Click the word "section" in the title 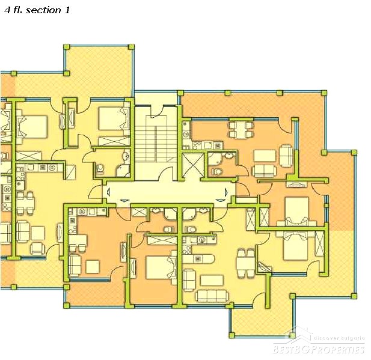click(x=43, y=10)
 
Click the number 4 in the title click(x=8, y=10)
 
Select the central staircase click(x=156, y=139)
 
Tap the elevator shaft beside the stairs click(x=193, y=165)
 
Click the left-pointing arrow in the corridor click(x=109, y=192)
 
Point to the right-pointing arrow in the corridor click(x=226, y=192)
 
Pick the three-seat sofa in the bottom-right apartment click(x=212, y=296)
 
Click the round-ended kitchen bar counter click(x=198, y=258)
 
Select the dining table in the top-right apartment click(x=241, y=130)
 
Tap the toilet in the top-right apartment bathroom click(x=216, y=171)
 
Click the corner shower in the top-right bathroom click(x=215, y=158)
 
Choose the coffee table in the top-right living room click(x=265, y=156)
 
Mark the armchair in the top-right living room click(x=286, y=156)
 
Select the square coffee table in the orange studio click(x=93, y=267)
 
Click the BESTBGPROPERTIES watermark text click(x=318, y=349)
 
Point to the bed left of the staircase click(x=114, y=118)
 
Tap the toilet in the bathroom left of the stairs click(x=100, y=168)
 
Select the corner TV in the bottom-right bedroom click(x=265, y=267)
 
